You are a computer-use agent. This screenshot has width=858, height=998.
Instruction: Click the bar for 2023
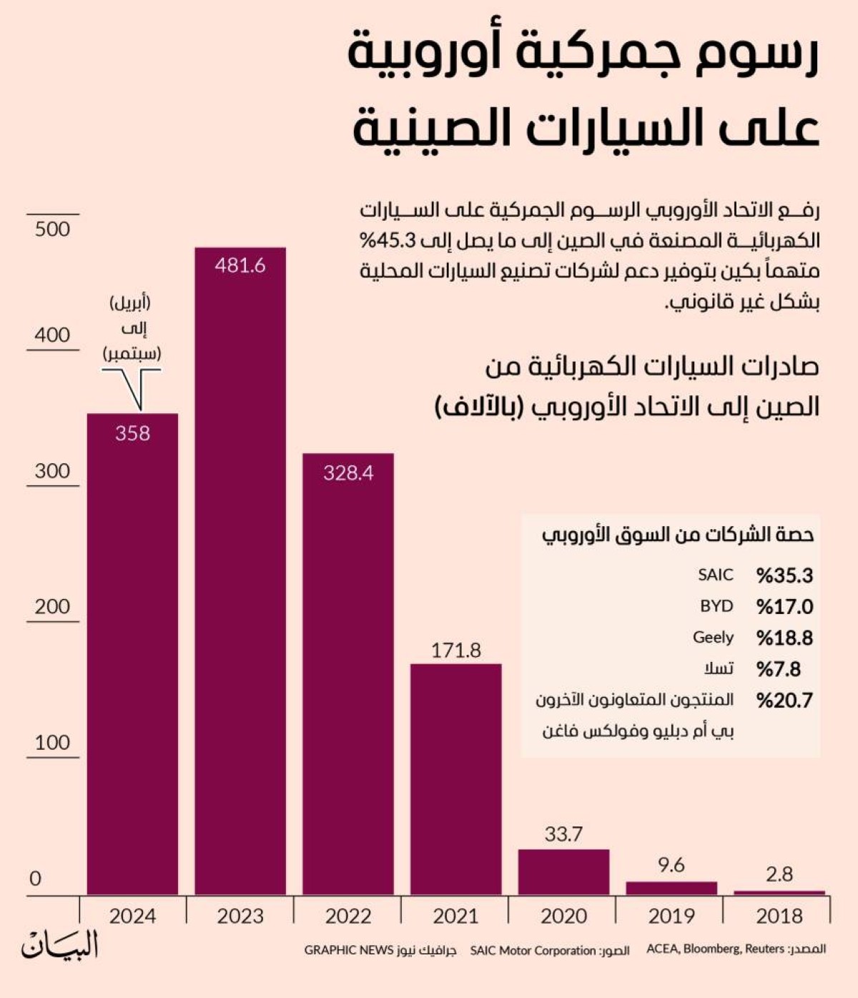pos(240,571)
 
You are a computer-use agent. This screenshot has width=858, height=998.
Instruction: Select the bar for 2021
pos(455,779)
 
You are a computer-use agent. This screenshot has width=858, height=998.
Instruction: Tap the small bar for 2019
pos(671,889)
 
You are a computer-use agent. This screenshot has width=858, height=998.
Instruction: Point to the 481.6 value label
pos(240,265)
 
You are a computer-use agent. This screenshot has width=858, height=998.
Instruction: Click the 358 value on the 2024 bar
pos(132,433)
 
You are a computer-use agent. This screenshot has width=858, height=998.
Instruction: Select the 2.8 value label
pos(779,874)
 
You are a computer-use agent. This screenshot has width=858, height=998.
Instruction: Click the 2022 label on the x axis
pos(348,916)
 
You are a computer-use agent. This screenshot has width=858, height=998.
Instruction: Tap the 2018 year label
pos(779,916)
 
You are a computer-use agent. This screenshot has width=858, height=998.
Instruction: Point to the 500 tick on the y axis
pos(53,229)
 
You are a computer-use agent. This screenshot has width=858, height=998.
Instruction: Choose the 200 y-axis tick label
pos(53,606)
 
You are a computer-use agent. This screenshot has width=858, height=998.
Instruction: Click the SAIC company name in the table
pos(716,575)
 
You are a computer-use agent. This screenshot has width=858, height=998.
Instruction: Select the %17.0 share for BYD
pos(784,606)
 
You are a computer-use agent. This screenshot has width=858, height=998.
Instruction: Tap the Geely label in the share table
pos(713,638)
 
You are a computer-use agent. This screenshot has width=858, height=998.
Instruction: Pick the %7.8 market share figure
pos(779,669)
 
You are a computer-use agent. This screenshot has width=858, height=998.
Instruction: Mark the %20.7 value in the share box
pos(784,700)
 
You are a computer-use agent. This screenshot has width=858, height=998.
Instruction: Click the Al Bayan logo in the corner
pos(60,945)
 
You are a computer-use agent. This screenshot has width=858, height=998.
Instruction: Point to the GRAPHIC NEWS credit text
pos(349,950)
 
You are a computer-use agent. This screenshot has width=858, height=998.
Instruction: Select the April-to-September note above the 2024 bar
pos(132,328)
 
